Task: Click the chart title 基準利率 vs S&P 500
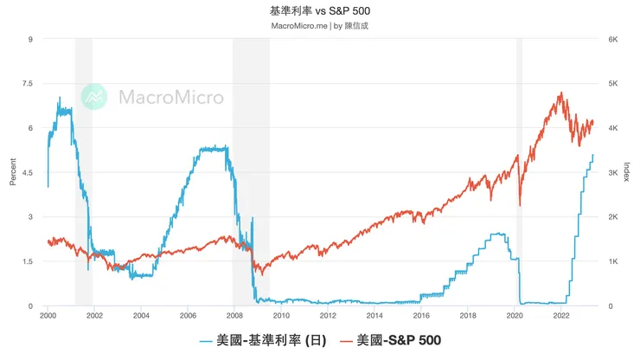tap(320, 10)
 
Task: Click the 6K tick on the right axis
tap(612, 40)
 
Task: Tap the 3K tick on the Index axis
tap(612, 173)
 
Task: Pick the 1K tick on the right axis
tap(612, 262)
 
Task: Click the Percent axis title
tap(12, 173)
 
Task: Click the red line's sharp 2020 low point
tap(519, 205)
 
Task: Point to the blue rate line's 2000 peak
tap(60, 97)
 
